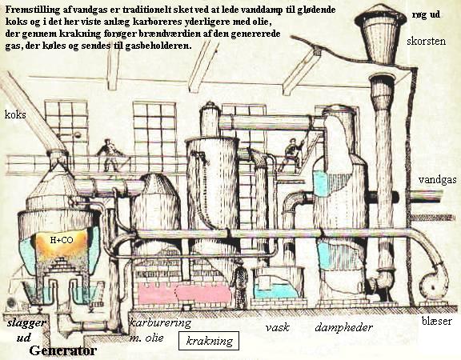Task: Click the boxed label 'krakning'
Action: (209, 341)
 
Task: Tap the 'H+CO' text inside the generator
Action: (62, 240)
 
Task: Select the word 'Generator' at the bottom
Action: (62, 350)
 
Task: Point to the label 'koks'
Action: (15, 114)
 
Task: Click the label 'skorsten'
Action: (426, 41)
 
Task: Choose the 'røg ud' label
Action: (426, 14)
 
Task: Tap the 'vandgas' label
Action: (438, 179)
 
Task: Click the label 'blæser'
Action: (437, 321)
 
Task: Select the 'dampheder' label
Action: (343, 327)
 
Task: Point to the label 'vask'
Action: (277, 327)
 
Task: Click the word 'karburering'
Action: (160, 322)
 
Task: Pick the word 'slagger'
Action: (26, 323)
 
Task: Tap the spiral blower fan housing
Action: (433, 284)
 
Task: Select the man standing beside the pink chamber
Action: (239, 285)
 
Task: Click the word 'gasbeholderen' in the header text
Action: (158, 46)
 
